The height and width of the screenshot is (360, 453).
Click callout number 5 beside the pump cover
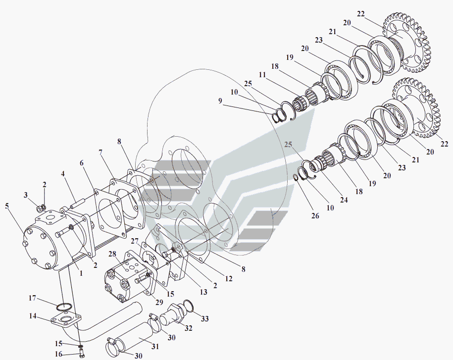pyautogui.click(x=6, y=206)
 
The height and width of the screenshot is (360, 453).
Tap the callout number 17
pyautogui.click(x=32, y=298)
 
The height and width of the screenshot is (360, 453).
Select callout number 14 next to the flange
pyautogui.click(x=33, y=316)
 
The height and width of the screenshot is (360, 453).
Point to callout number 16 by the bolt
pyautogui.click(x=58, y=354)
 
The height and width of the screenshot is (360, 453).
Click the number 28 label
pyautogui.click(x=112, y=254)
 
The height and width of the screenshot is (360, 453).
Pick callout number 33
pyautogui.click(x=205, y=319)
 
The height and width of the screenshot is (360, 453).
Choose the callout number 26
pyautogui.click(x=315, y=215)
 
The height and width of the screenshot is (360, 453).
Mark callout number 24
pyautogui.click(x=344, y=200)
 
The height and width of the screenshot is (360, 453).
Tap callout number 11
pyautogui.click(x=262, y=75)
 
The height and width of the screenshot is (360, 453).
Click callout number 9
pyautogui.click(x=220, y=101)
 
